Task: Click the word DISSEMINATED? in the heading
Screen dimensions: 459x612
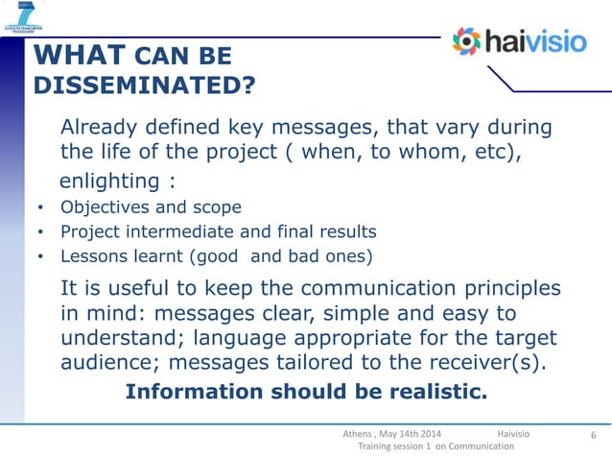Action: pos(144,87)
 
